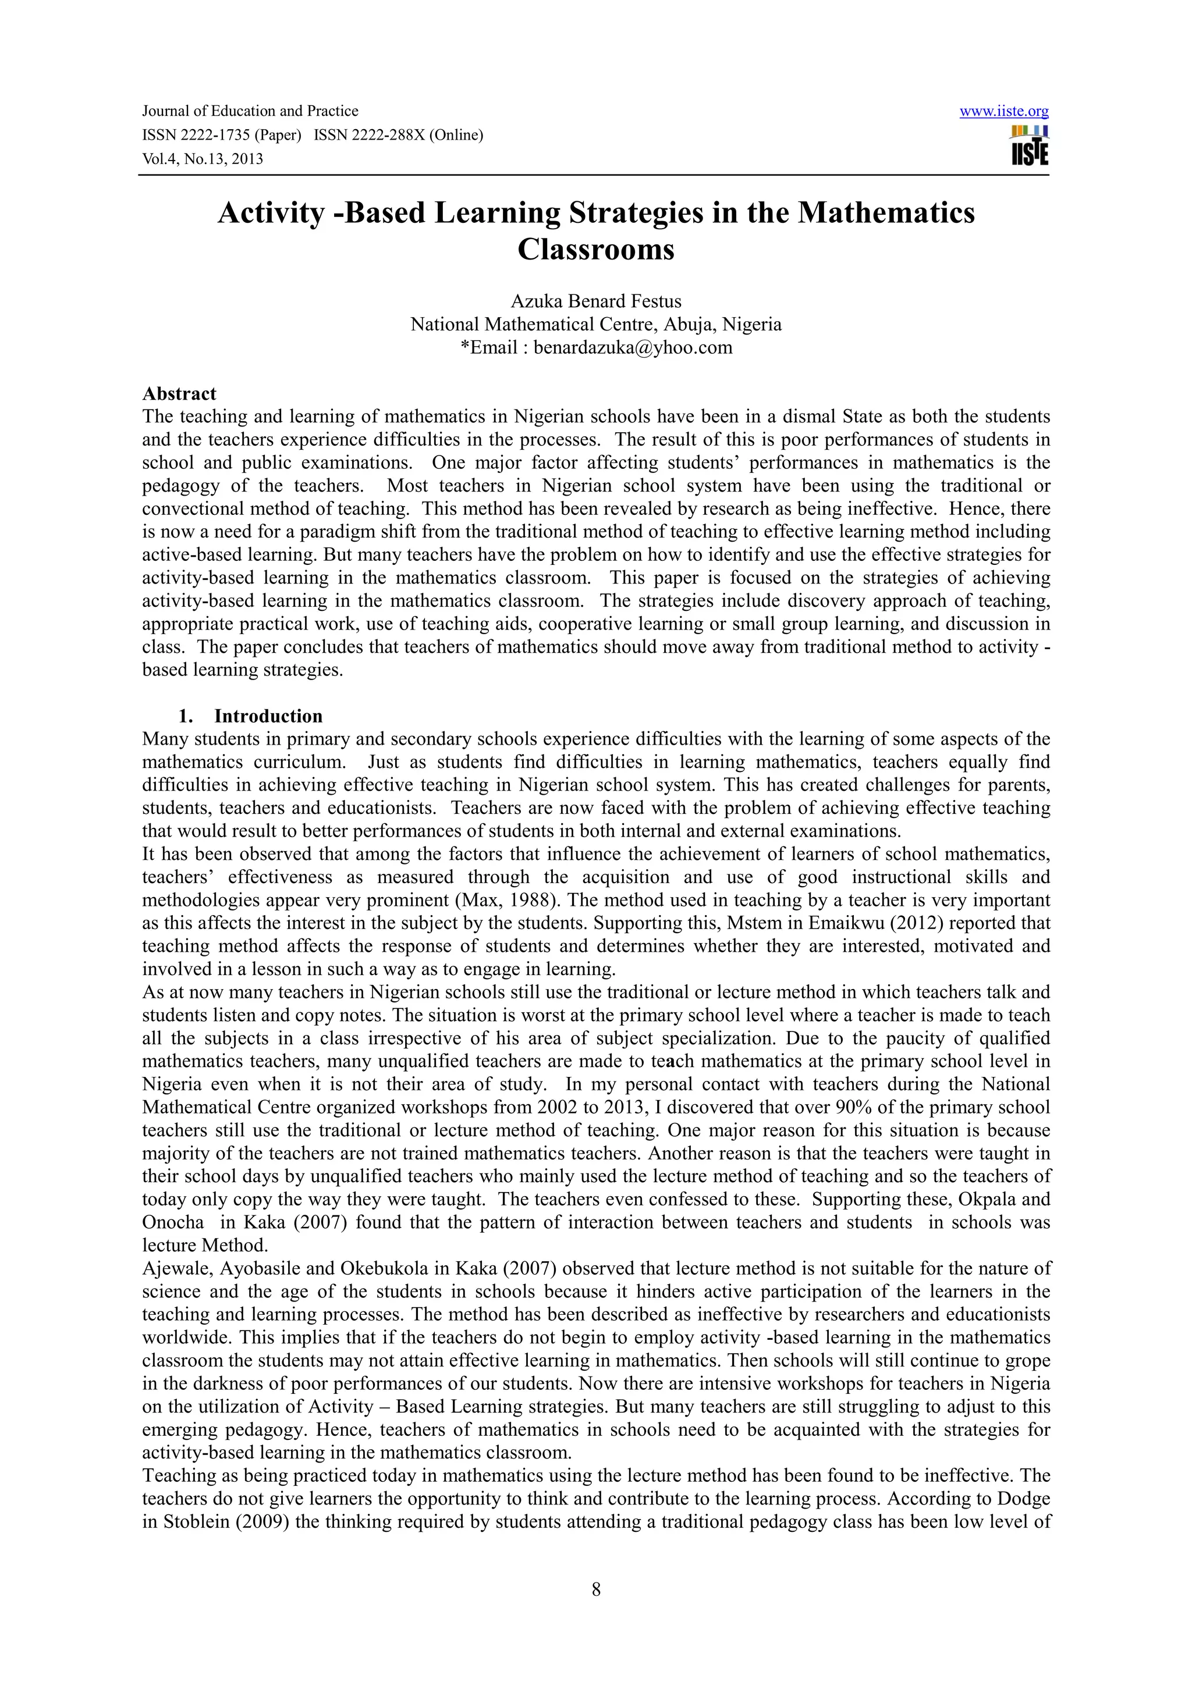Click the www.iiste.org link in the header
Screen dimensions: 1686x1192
point(1003,112)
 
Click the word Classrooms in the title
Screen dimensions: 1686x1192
point(595,250)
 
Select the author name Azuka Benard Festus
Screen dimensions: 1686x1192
point(595,301)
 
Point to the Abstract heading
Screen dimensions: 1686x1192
point(179,394)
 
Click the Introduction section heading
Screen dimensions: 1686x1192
point(268,716)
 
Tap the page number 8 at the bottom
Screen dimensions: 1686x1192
point(595,1590)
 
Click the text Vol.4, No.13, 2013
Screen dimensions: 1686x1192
point(203,159)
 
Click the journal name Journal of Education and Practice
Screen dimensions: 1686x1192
point(250,112)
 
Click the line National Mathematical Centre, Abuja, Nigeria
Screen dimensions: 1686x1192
point(595,325)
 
